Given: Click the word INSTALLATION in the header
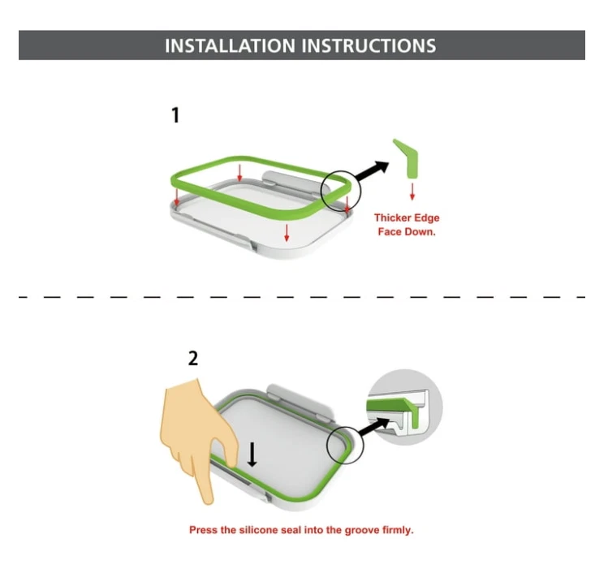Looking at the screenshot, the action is pos(230,45).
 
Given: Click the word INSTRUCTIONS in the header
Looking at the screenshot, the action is pos(369,45).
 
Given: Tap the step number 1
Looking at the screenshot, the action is pos(175,115).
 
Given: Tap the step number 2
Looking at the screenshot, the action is pos(192,359).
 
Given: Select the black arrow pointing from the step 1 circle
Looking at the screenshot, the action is pos(372,171).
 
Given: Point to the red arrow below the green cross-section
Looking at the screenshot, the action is pos(412,191).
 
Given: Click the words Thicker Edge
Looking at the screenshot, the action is pos(407,218).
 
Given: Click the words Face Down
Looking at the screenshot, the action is pos(407,232).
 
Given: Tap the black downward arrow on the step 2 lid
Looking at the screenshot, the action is pos(252,455).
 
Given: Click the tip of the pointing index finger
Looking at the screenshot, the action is pos(209,502).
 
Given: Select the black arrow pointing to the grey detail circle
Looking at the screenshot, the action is pos(373,427).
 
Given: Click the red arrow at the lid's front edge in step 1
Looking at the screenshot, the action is pos(287,232).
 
